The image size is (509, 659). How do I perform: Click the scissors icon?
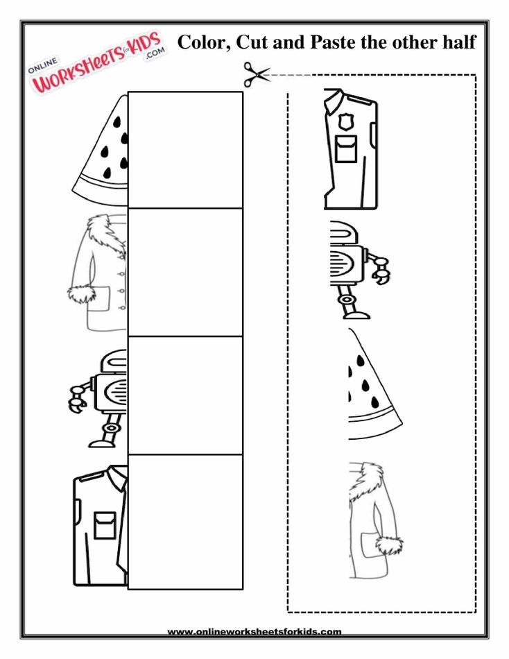point(256,74)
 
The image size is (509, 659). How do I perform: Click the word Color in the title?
point(203,43)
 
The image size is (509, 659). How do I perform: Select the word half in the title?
point(459,42)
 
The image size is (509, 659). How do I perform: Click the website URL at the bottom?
point(254,631)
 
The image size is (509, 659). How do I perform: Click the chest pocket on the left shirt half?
point(105,525)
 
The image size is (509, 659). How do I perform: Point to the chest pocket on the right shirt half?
point(346,149)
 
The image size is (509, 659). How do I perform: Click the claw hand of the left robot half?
point(76,400)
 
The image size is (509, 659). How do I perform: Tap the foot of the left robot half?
point(100,443)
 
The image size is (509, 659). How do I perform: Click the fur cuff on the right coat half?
point(389,545)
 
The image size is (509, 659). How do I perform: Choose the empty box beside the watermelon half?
point(185,149)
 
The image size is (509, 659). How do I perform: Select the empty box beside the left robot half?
point(185,395)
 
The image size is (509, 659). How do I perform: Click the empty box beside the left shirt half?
point(185,522)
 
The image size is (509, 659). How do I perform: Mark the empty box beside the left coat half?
point(185,272)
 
